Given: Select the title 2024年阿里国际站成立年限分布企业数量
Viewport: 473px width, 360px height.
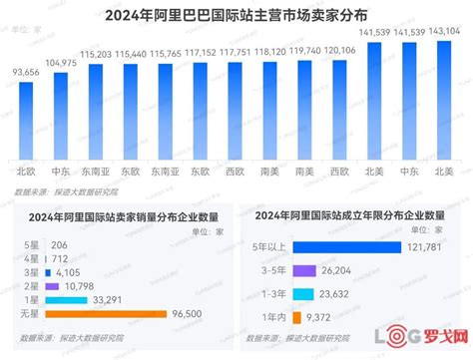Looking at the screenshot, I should tap(349, 214).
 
